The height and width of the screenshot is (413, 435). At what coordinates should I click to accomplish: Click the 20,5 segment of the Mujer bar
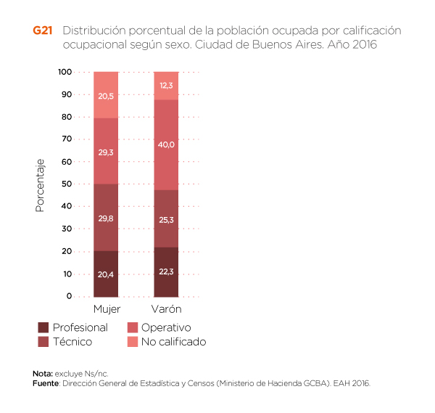(x=106, y=95)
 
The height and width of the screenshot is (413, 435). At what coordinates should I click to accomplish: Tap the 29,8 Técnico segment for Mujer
(x=106, y=217)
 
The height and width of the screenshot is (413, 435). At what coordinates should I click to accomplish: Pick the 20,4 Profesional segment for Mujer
(x=106, y=274)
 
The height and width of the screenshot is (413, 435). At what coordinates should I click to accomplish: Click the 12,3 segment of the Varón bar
(x=166, y=86)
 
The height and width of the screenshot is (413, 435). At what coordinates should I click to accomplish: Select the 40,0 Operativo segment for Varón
(x=166, y=144)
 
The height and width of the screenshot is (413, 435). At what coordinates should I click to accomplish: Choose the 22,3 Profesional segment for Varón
(x=166, y=271)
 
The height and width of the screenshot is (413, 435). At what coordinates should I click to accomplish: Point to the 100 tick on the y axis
(x=65, y=72)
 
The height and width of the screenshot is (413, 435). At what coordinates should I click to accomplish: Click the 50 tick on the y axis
(x=67, y=184)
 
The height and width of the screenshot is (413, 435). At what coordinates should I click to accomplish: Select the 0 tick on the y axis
(x=70, y=296)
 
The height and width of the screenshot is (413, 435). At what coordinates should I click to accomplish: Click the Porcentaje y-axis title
(x=40, y=184)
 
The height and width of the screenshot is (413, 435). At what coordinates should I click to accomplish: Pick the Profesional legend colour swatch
(x=43, y=327)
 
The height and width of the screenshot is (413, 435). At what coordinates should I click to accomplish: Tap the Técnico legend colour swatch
(x=43, y=342)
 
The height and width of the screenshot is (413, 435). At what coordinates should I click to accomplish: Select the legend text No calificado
(x=173, y=342)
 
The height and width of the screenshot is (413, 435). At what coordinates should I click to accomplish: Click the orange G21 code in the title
(x=43, y=31)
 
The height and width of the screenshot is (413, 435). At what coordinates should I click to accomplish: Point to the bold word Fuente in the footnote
(x=46, y=383)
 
